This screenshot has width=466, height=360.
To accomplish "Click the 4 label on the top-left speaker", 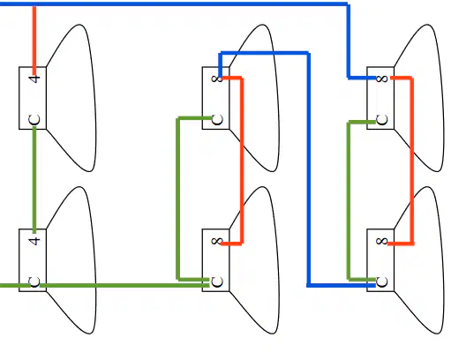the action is [x=34, y=79].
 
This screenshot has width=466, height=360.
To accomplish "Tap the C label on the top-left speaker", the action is [x=34, y=120].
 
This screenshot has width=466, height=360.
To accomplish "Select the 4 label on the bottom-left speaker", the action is [x=34, y=241].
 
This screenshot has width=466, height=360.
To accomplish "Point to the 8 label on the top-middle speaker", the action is [x=216, y=79].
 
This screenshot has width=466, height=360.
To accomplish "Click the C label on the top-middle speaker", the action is [x=217, y=120].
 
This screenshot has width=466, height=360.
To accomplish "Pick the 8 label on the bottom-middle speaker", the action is [x=216, y=241].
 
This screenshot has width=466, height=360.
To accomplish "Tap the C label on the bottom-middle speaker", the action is [x=217, y=281].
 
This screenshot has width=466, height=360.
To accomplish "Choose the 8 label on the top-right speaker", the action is [x=382, y=79].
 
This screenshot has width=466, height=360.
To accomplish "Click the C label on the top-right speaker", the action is [x=382, y=120].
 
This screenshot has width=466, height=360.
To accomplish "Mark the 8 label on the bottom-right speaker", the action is [x=382, y=241].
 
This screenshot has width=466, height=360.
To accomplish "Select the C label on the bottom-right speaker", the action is [x=382, y=281].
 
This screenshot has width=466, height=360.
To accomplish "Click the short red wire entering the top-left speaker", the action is [x=34, y=41].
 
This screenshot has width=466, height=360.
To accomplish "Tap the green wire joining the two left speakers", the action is [x=34, y=180].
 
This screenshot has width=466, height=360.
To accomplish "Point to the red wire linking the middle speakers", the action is [x=242, y=161].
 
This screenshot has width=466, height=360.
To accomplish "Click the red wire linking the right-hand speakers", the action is [x=412, y=161].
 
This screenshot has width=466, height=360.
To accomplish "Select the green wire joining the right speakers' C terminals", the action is [x=349, y=201].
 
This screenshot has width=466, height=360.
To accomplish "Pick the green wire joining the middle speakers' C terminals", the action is [x=177, y=199].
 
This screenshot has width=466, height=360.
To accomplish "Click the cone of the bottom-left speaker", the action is [x=71, y=260].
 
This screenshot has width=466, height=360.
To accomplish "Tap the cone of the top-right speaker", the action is [x=419, y=98].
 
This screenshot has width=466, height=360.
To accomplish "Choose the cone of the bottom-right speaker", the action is [x=419, y=260].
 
